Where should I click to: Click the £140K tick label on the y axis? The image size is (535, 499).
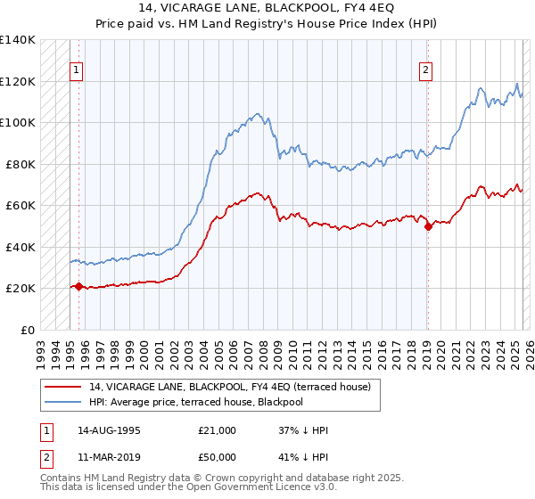17,40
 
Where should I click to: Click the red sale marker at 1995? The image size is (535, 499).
78,286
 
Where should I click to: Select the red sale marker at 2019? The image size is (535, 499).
428,226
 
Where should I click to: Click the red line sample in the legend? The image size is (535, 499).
63,386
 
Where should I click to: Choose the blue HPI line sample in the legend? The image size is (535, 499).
63,402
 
